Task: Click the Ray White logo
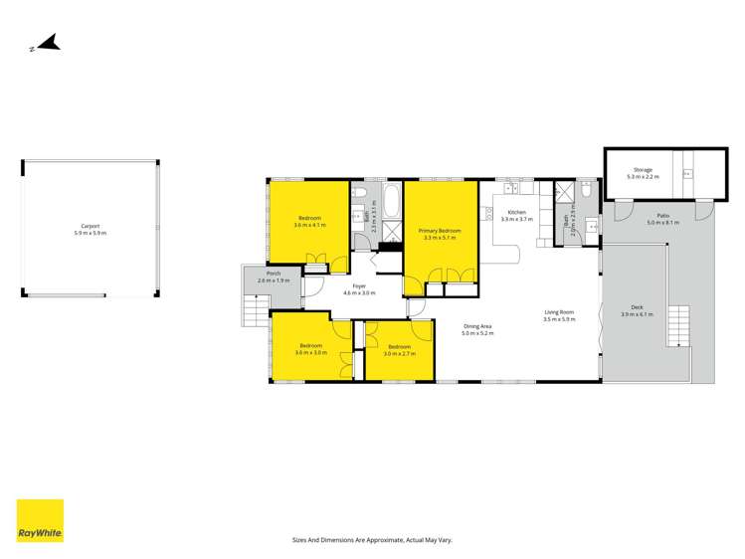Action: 40,521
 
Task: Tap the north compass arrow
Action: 47,43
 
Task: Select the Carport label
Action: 91,226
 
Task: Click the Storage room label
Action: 642,170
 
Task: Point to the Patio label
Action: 662,215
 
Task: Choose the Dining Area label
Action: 477,326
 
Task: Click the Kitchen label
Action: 517,212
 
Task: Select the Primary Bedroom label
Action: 439,231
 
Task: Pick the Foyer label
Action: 359,285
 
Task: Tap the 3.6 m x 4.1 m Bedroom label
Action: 309,217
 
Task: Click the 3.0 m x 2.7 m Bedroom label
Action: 399,346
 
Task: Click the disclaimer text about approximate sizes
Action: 372,539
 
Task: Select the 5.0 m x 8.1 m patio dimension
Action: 662,223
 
